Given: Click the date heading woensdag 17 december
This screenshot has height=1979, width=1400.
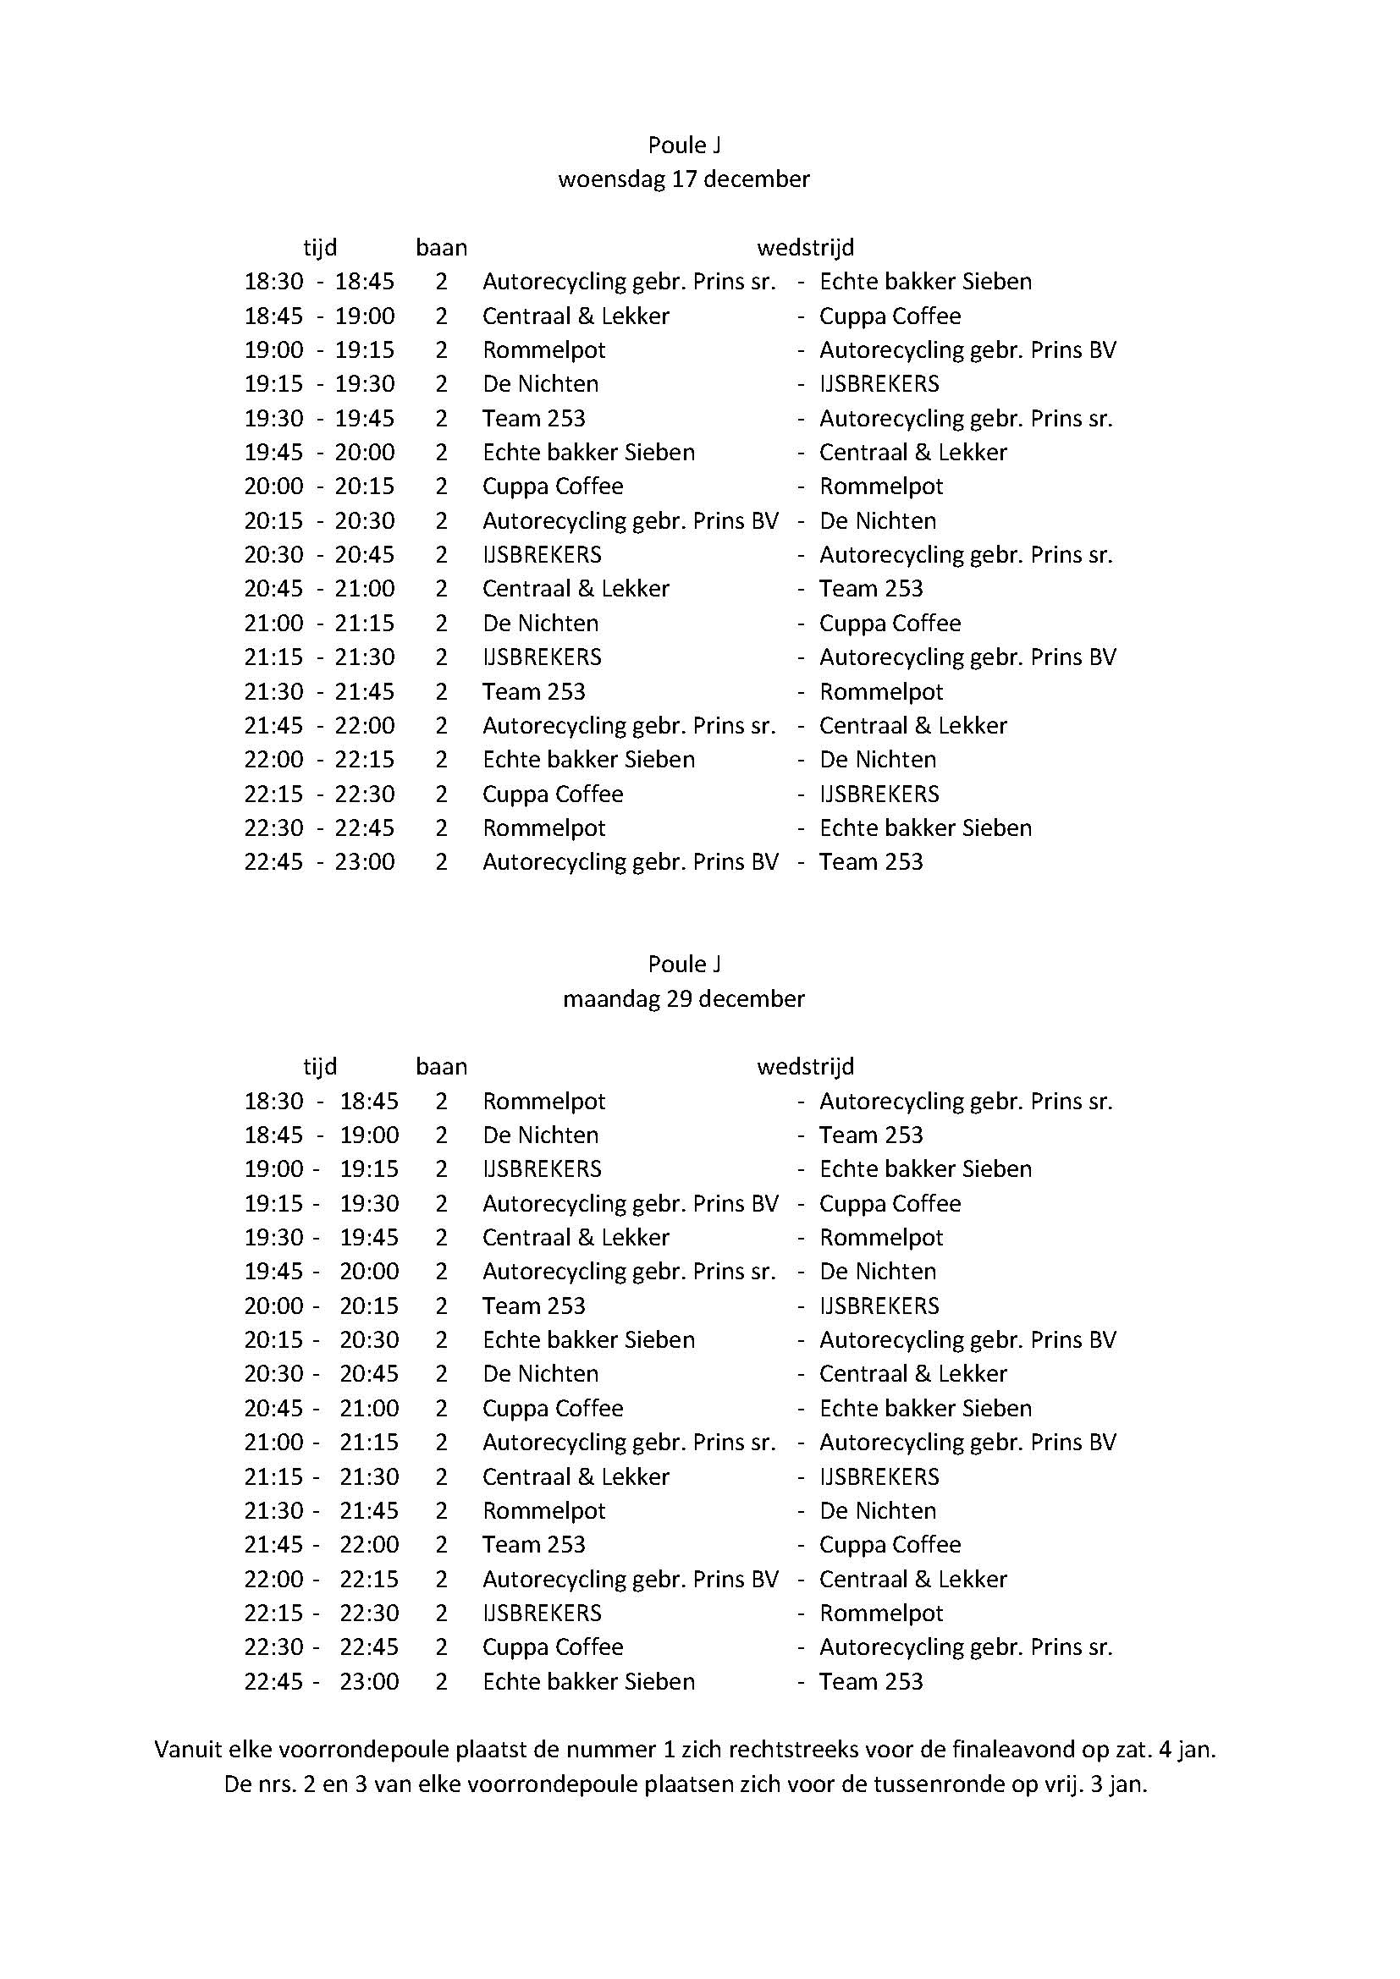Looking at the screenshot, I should pyautogui.click(x=684, y=179).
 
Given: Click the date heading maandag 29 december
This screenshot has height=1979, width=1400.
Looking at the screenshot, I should pyautogui.click(x=684, y=999).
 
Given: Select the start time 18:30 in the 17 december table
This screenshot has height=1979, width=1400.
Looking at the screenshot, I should pyautogui.click(x=273, y=282).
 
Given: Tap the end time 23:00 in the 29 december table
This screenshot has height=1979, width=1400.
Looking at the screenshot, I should pyautogui.click(x=369, y=1682).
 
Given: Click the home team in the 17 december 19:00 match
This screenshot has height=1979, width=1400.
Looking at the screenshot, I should pyautogui.click(x=544, y=350).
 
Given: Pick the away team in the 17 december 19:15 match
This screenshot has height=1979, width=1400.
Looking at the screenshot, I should pyautogui.click(x=879, y=384).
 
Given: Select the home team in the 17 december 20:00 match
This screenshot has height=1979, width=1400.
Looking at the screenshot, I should pyautogui.click(x=553, y=487).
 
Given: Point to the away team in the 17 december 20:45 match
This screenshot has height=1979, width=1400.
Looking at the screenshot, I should pyautogui.click(x=871, y=589).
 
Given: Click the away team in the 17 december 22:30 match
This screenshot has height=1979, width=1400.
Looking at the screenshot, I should pyautogui.click(x=925, y=828).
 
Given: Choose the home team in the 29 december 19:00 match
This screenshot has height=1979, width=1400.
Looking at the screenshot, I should pyautogui.click(x=542, y=1169).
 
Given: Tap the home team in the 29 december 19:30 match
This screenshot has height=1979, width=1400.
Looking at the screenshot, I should pyautogui.click(x=576, y=1238).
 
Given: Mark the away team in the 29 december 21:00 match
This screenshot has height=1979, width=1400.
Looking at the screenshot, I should pyautogui.click(x=967, y=1443).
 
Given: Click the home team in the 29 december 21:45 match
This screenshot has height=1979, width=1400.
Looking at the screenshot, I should pyautogui.click(x=533, y=1545).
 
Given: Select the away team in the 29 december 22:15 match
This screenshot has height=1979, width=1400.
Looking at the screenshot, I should pyautogui.click(x=881, y=1613).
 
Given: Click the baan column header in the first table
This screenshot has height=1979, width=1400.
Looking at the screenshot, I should pyautogui.click(x=441, y=248).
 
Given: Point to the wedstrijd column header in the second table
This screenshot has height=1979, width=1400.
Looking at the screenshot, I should pyautogui.click(x=805, y=1067).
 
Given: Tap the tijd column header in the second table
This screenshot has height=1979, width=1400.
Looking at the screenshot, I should pyautogui.click(x=320, y=1067).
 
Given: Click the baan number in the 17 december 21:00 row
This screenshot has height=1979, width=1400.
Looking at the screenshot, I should pyautogui.click(x=441, y=624).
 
